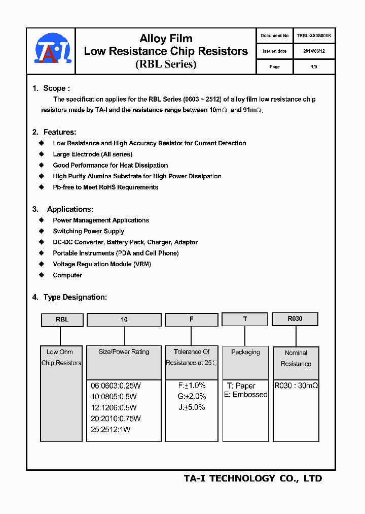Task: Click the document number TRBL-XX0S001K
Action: pos(314,36)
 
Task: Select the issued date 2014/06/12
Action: pos(314,51)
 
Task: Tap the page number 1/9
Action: pos(314,67)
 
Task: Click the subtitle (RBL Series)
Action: pos(166,65)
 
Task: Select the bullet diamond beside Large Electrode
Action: pos(42,154)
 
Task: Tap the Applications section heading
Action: pos(70,209)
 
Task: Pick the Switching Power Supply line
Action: pos(89,231)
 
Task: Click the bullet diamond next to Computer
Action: pos(42,275)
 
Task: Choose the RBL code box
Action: pos(62,319)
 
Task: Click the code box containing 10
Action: pos(124,319)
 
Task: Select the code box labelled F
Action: pos(192,319)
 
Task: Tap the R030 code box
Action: pos(295,318)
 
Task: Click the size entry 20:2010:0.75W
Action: pos(116,419)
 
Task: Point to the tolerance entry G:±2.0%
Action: pos(192,396)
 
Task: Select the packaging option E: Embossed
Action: pos(246,395)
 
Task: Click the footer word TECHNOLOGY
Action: pos(242,478)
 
